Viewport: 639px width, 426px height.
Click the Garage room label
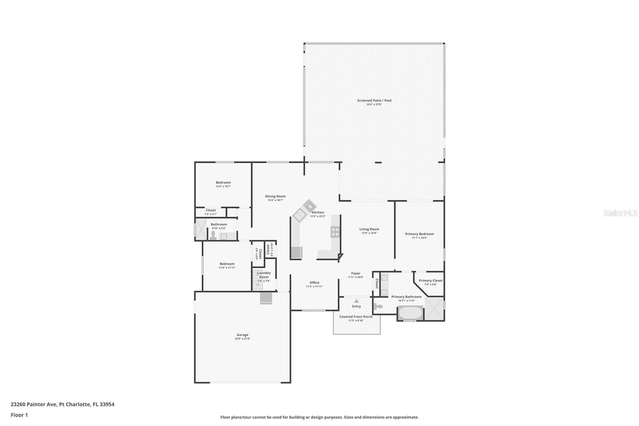point(242,335)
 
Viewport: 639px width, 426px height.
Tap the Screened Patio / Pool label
point(374,100)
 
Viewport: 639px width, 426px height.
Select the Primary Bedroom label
point(419,234)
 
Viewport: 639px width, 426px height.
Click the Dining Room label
point(275,196)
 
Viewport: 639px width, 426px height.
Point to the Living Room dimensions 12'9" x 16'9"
point(369,233)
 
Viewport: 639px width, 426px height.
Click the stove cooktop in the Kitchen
point(335,232)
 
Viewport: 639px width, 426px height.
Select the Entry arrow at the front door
point(356,301)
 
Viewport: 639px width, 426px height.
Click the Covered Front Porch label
point(356,317)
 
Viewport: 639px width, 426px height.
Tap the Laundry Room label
point(264,275)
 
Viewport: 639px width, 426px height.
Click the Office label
point(314,283)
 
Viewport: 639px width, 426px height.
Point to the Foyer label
point(355,273)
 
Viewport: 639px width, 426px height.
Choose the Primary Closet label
point(431,281)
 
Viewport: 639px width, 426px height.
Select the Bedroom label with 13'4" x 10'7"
point(223,182)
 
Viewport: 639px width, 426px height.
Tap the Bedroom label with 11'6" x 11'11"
point(227,264)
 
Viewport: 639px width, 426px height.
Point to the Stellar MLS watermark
point(620,213)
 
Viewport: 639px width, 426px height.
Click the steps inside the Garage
point(266,298)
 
